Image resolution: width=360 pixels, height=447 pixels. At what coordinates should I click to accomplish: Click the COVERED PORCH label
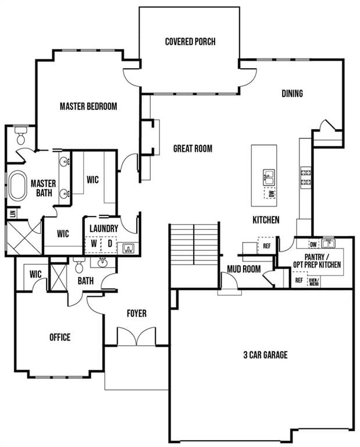point(190,42)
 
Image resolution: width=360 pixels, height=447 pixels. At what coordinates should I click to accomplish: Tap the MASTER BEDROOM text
point(88,107)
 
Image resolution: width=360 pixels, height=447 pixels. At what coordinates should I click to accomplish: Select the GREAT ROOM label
point(193,148)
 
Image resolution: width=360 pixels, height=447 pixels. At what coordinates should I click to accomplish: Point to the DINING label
point(292,94)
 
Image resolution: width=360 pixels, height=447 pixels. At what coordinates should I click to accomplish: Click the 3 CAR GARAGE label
point(265,355)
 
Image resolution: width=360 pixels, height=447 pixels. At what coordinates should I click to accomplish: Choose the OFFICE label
point(60,337)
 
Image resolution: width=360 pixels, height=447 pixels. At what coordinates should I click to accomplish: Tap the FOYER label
point(137,313)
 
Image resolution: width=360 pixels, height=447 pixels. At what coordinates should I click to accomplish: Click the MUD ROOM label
point(244,269)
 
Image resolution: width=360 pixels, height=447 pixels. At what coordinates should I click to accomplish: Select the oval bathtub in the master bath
point(17,185)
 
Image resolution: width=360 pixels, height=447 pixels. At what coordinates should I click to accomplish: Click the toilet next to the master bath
point(21,136)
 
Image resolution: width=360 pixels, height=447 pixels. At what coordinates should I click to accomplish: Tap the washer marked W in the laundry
point(94,244)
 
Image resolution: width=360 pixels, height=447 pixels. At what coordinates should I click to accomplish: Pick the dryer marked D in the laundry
point(109,244)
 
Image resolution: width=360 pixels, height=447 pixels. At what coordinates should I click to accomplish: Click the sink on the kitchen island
point(269,178)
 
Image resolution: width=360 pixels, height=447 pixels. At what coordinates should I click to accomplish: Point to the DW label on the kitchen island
point(271,194)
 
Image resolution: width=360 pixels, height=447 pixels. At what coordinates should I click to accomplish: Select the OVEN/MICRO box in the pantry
point(314,281)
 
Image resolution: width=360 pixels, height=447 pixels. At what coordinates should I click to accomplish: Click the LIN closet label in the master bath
point(13,214)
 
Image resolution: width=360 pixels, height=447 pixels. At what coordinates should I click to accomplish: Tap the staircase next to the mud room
point(194,244)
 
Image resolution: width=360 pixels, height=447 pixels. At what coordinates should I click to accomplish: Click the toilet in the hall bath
point(79,265)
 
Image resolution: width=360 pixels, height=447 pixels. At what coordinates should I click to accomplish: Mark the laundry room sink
point(129,248)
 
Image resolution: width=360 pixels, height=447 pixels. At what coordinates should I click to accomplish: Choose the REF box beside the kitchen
point(266,246)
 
